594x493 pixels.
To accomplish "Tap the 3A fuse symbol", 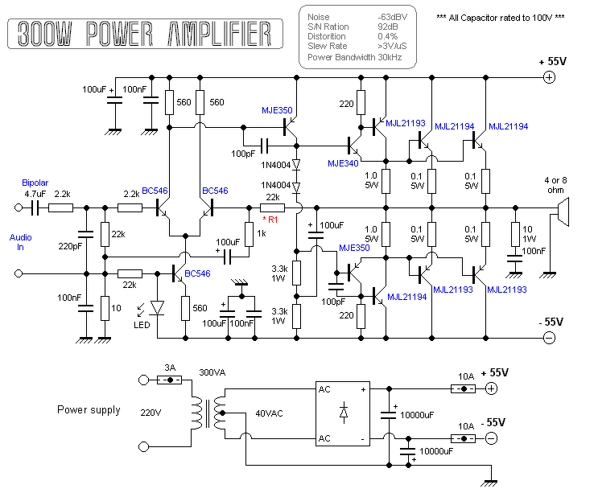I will pos(169,380).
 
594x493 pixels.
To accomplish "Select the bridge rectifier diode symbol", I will pos(344,413).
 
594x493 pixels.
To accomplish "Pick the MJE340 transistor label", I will pos(343,162).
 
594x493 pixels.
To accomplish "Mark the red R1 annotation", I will pos(271,219).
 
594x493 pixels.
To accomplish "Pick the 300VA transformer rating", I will pos(213,373).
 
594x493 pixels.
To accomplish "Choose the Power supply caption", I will pos(89,409).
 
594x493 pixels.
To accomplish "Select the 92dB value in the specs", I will pos(388,27).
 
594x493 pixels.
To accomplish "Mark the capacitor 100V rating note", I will pos(500,17).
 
